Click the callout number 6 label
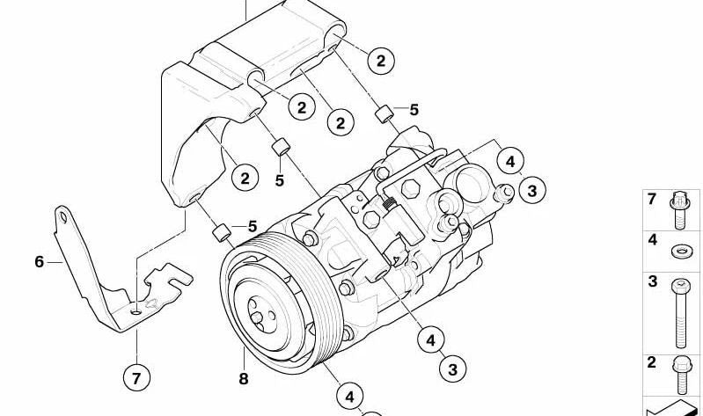click(x=39, y=261)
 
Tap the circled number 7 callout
click(x=135, y=378)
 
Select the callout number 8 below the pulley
click(x=244, y=379)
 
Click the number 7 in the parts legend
click(x=652, y=200)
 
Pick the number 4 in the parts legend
click(x=652, y=239)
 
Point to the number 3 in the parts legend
click(x=652, y=282)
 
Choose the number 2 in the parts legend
click(x=652, y=361)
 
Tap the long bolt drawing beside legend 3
click(x=681, y=311)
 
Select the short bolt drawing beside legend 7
click(x=681, y=211)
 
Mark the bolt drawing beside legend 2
click(x=681, y=375)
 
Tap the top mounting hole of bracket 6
click(x=62, y=215)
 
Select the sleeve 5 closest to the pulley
click(x=223, y=233)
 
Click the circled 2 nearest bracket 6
click(x=245, y=178)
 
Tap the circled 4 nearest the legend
click(x=509, y=161)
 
